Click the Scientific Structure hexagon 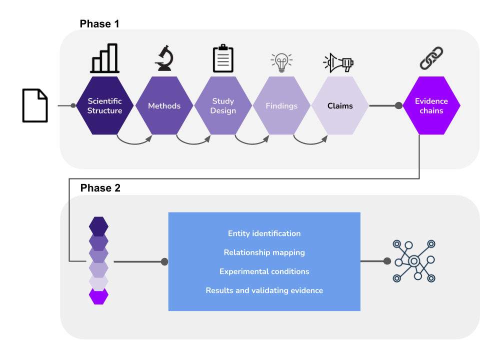[105, 105]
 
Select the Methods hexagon [164, 105]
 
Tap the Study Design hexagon [223, 105]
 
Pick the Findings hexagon [281, 105]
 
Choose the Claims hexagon [340, 105]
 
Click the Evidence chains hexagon [431, 105]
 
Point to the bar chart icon [105, 58]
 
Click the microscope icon [164, 58]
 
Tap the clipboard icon [223, 58]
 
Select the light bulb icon [281, 62]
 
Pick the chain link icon [431, 58]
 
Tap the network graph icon [413, 261]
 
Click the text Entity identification [264, 233]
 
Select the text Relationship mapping [264, 252]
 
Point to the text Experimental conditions [264, 271]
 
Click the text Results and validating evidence [264, 290]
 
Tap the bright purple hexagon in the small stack [98, 296]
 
